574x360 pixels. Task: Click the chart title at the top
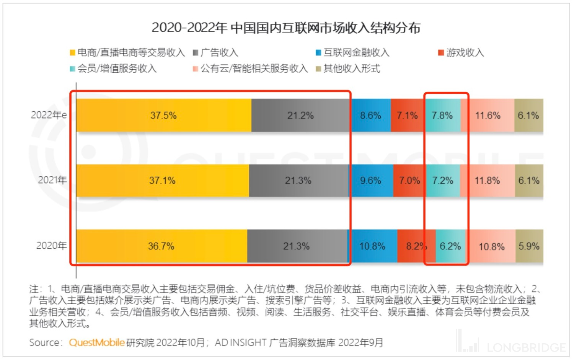[x=286, y=28]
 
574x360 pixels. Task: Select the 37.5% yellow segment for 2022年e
[x=163, y=115]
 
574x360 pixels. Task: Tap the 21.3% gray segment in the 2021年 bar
[x=298, y=181]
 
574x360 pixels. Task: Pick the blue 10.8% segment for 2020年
[x=372, y=246]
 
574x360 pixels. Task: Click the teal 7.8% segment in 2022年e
[x=442, y=115]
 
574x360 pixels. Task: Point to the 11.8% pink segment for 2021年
[x=487, y=181]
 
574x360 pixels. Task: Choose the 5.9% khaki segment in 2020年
[x=529, y=246]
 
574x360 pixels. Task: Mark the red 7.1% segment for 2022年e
[x=407, y=115]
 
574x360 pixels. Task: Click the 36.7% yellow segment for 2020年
[x=161, y=246]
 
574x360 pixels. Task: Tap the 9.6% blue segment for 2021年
[x=370, y=181]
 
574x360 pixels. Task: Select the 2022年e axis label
[x=49, y=115]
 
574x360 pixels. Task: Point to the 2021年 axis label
[x=52, y=180]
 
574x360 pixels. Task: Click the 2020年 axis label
[x=51, y=245]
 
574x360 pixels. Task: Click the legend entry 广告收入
[x=219, y=52]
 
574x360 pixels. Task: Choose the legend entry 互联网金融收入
[x=356, y=52]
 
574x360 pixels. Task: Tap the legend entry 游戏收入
[x=465, y=52]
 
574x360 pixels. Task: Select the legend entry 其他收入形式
[x=351, y=68]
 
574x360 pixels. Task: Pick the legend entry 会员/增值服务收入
[x=117, y=68]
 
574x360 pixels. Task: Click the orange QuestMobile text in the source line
[x=97, y=342]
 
